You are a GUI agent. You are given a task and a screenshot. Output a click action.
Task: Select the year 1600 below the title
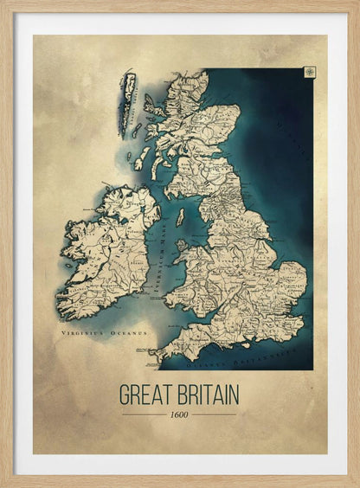pos(179,414)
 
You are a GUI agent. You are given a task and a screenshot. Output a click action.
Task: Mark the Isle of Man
pos(181,217)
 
